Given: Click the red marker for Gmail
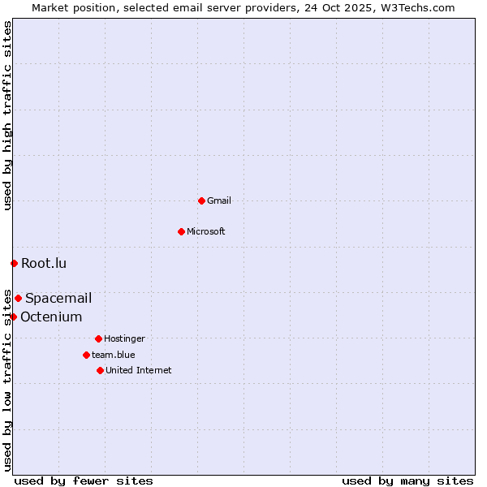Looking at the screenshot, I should tap(201, 200).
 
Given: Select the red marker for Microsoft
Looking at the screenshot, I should tap(181, 231).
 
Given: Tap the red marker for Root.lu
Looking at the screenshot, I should tap(14, 263).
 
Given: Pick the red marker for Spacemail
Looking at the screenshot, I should tap(18, 298).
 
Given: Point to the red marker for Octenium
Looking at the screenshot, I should tap(13, 317).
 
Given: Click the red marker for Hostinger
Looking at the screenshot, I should tap(98, 338).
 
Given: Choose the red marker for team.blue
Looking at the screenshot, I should tap(86, 355).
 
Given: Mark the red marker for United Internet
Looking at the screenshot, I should tap(100, 370).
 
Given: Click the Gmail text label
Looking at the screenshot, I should tap(219, 200).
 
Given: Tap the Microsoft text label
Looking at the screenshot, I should tap(206, 231).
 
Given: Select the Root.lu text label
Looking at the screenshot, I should tap(44, 263).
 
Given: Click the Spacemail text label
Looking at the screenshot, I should tap(58, 298).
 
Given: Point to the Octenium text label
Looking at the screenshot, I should tap(51, 317).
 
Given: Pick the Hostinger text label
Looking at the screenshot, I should tap(124, 338).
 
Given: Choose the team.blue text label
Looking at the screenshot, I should tap(114, 355).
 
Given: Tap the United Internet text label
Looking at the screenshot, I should tap(139, 370).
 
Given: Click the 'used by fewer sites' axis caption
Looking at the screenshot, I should tap(84, 481).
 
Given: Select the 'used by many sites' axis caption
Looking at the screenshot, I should tap(407, 481).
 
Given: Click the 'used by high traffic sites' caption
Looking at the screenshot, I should tap(7, 115).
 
